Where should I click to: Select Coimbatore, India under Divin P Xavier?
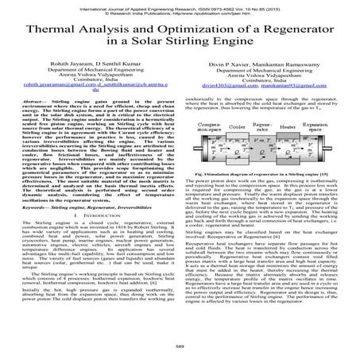click(x=261, y=103)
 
